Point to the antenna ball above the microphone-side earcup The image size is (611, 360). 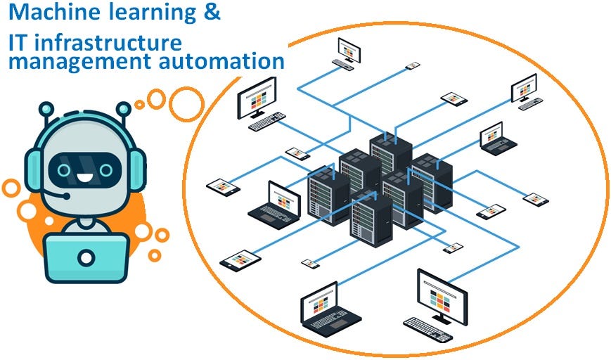(x=46, y=109)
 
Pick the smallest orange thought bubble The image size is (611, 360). (x=139, y=104)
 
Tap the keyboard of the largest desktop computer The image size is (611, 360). (x=427, y=328)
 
